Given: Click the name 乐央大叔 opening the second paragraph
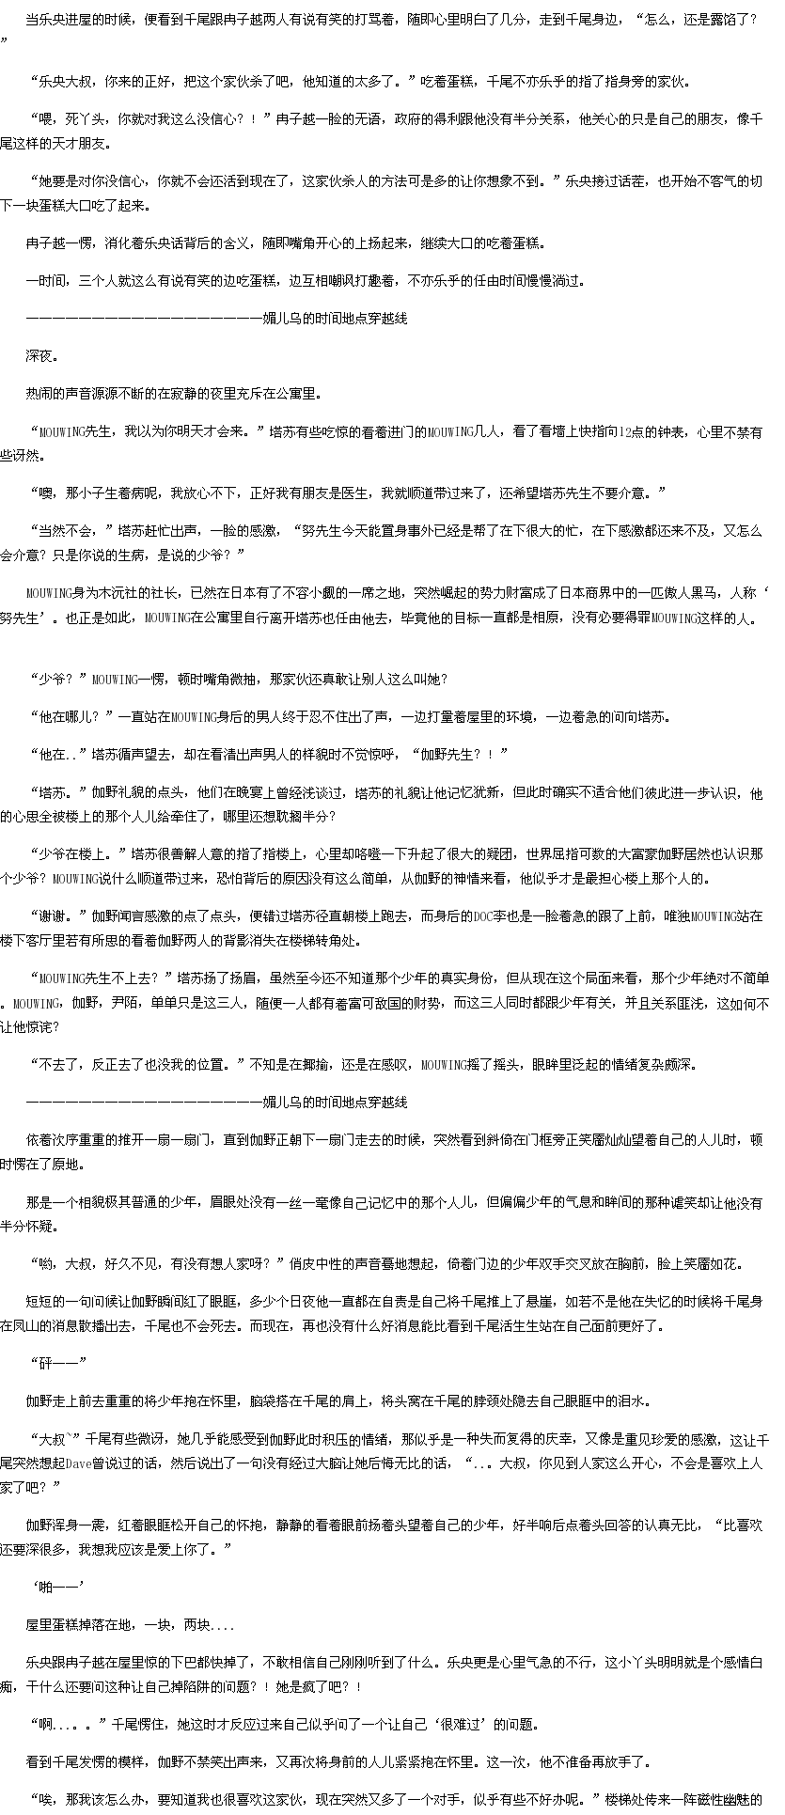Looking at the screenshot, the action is [62, 82].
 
